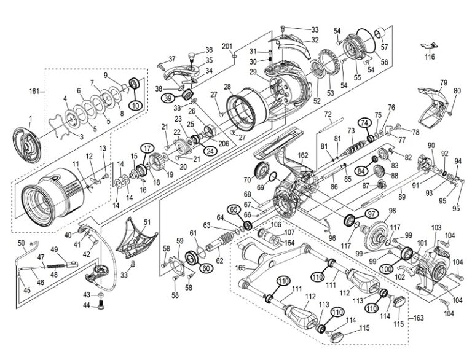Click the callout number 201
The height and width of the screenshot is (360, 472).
click(226, 47)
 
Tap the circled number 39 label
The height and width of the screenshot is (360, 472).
click(167, 98)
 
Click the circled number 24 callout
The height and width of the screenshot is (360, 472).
click(210, 151)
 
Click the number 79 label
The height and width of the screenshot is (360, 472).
click(443, 82)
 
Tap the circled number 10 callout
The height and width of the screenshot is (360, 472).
click(135, 106)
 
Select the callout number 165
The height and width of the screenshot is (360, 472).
click(241, 268)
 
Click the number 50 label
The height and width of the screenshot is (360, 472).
click(22, 243)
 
